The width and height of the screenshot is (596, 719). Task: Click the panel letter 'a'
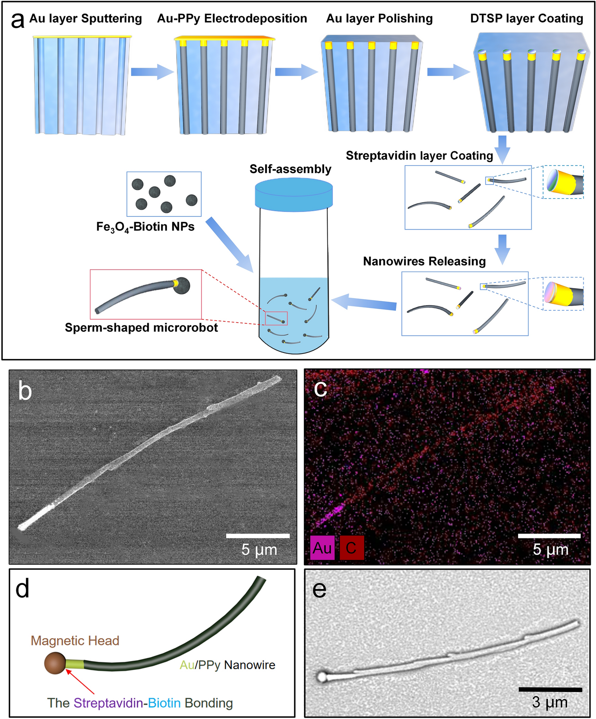click(17, 20)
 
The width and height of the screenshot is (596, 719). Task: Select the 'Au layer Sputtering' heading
click(85, 19)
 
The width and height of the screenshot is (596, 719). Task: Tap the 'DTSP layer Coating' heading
click(526, 19)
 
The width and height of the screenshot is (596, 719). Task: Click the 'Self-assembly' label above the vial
click(290, 169)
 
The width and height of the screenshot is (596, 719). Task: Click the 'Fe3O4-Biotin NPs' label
click(145, 227)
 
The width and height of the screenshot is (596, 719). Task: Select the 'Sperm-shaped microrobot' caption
click(141, 327)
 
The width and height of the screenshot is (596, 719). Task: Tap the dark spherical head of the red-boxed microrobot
click(182, 285)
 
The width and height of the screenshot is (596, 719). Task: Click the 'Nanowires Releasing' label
click(424, 261)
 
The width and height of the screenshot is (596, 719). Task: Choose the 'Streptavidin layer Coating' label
click(419, 156)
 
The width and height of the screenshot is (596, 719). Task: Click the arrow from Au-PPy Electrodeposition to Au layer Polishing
click(296, 72)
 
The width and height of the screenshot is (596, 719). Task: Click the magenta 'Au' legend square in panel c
click(322, 548)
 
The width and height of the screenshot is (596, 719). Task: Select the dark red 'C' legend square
click(351, 548)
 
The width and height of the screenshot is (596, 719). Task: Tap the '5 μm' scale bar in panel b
click(258, 536)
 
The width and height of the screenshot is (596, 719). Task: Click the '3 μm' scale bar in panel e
click(550, 689)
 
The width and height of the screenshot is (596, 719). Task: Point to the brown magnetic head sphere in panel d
click(55, 663)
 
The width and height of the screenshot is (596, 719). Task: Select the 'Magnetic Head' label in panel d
click(75, 641)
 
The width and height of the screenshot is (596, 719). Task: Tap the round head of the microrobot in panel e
click(322, 676)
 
